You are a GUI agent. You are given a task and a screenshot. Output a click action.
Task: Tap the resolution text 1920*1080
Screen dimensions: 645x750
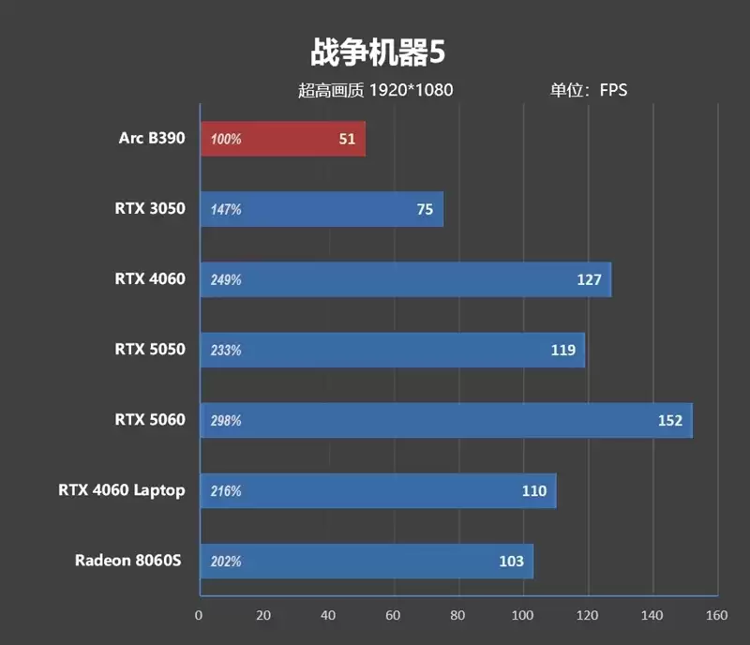coord(411,91)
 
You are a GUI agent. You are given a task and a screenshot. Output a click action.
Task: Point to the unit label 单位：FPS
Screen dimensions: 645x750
coord(588,91)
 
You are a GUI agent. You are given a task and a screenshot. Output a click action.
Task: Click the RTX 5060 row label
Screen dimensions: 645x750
coord(150,420)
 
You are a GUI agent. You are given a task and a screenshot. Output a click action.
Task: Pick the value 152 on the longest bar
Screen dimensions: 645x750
coord(669,421)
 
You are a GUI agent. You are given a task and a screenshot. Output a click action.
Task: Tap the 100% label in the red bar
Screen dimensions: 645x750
coord(226,140)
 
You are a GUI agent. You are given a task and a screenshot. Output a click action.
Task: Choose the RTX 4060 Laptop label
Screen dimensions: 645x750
coord(122,490)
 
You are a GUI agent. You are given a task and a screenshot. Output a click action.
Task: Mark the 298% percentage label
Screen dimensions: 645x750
coord(226,421)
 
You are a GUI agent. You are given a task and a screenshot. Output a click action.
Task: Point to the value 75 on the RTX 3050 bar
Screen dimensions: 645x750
coord(425,210)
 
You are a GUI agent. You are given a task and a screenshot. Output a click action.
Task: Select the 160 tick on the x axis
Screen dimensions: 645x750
coord(717,616)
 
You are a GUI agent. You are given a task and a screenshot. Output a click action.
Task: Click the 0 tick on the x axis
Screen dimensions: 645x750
coord(199,616)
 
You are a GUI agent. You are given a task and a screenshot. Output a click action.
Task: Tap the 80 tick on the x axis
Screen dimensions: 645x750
coord(457,616)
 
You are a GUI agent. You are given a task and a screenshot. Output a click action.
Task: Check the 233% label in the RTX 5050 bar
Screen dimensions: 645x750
coord(226,351)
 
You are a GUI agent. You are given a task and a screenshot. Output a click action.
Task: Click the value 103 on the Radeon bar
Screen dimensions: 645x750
coord(511,562)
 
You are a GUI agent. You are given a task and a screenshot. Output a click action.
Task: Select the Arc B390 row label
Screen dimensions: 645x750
coord(152,139)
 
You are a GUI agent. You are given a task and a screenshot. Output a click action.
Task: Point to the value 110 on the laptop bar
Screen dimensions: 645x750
coord(533,491)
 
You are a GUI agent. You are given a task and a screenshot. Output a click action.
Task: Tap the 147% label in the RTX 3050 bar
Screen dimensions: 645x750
coord(226,210)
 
